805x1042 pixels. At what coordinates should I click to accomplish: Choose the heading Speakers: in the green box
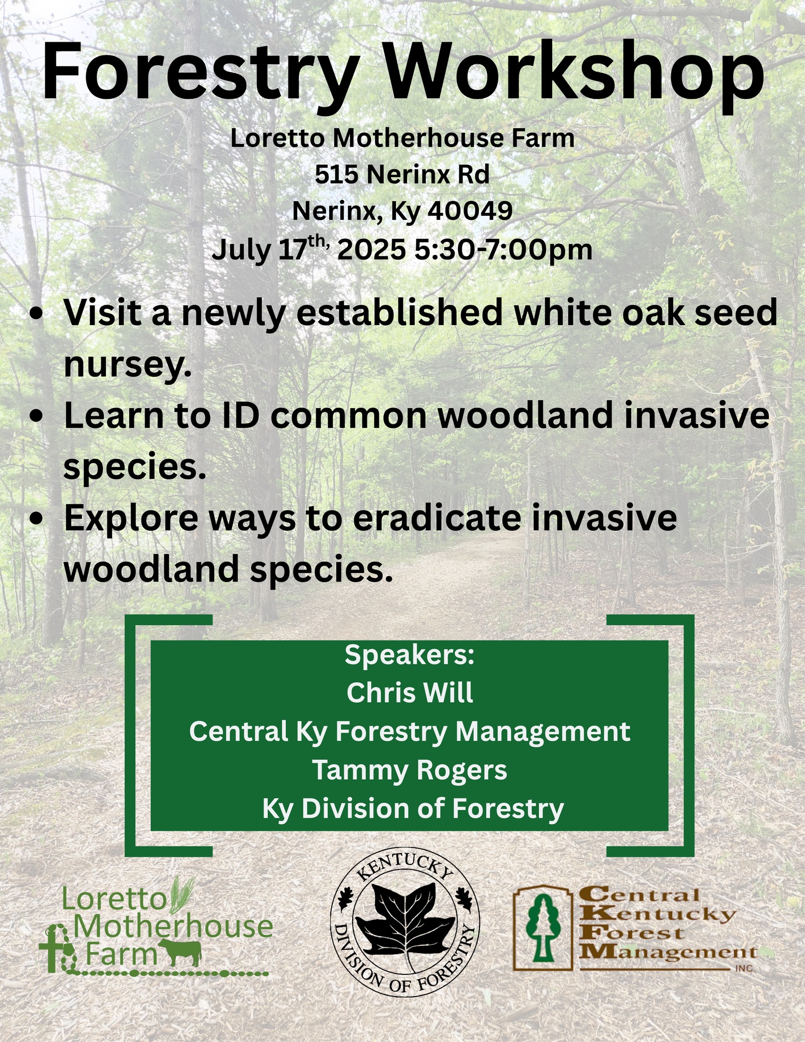coord(410,655)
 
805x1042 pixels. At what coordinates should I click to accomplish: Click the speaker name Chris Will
coord(410,692)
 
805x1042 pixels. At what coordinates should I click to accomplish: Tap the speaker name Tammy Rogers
coord(410,770)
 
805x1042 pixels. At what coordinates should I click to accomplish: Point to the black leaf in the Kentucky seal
coord(406,931)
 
